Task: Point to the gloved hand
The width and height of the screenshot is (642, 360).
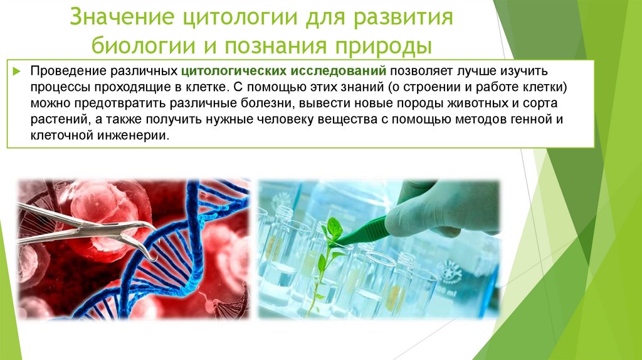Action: pyautogui.click(x=439, y=207)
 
